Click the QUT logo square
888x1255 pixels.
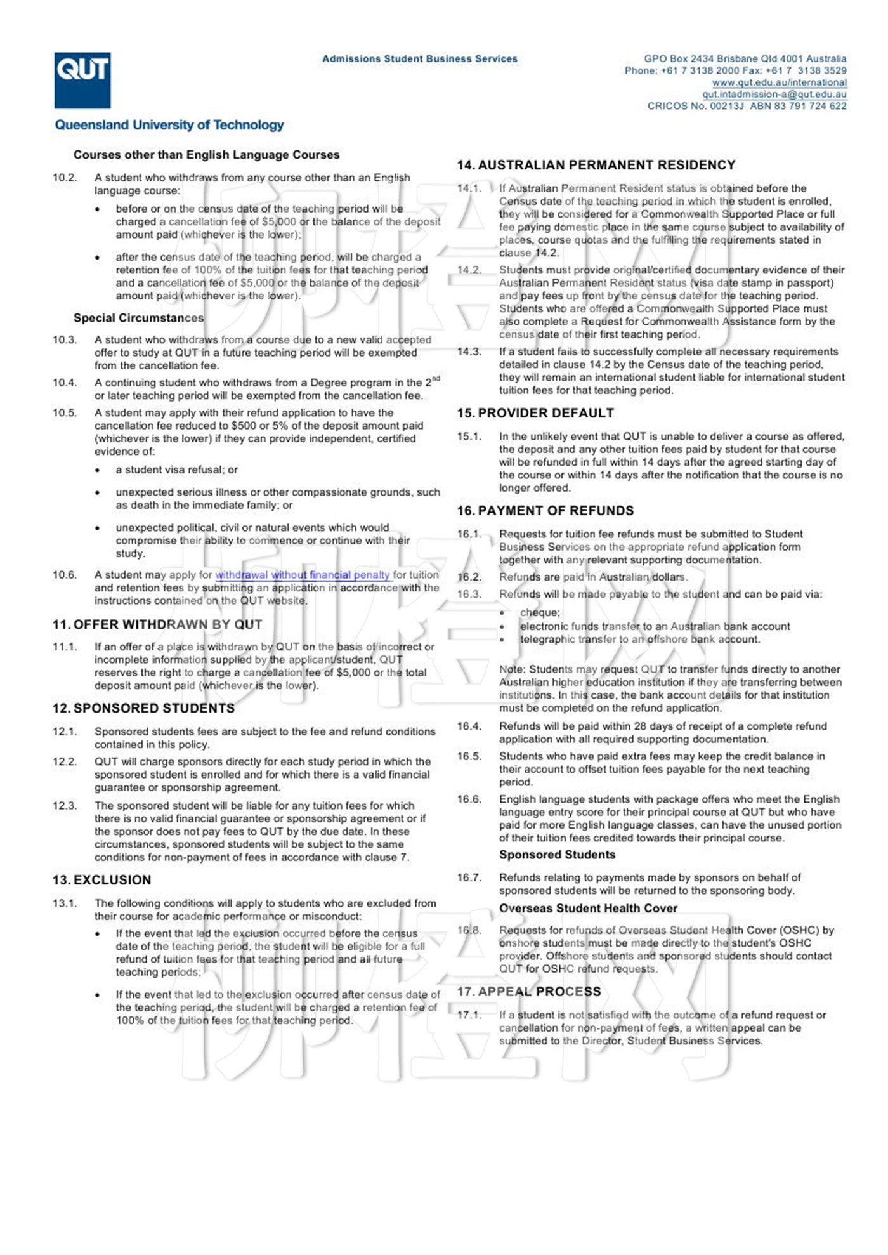(x=82, y=81)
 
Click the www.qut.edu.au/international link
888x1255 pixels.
(x=779, y=82)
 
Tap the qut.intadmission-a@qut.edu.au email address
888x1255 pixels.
(x=774, y=95)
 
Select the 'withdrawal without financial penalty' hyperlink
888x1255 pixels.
(x=303, y=575)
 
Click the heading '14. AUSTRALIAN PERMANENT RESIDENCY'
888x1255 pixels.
(x=596, y=165)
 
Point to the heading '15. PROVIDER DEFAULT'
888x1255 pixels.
(x=535, y=413)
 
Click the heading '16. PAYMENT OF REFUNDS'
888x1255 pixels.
(x=545, y=511)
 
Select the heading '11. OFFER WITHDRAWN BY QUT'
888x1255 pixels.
(x=157, y=624)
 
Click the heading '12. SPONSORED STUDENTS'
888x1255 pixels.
(x=143, y=708)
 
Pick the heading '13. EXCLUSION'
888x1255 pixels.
(x=102, y=880)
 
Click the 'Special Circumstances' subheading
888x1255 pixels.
(x=138, y=318)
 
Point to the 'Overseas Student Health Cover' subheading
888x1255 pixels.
(x=588, y=909)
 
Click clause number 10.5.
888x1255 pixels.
(x=65, y=413)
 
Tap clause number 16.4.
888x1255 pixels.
(x=469, y=726)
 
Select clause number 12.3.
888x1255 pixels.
(x=65, y=806)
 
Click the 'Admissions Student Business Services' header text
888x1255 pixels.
(x=420, y=59)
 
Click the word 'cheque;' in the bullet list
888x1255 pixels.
(x=540, y=613)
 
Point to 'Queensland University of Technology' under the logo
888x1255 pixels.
(x=169, y=125)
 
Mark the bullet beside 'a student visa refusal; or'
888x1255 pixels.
(x=98, y=471)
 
